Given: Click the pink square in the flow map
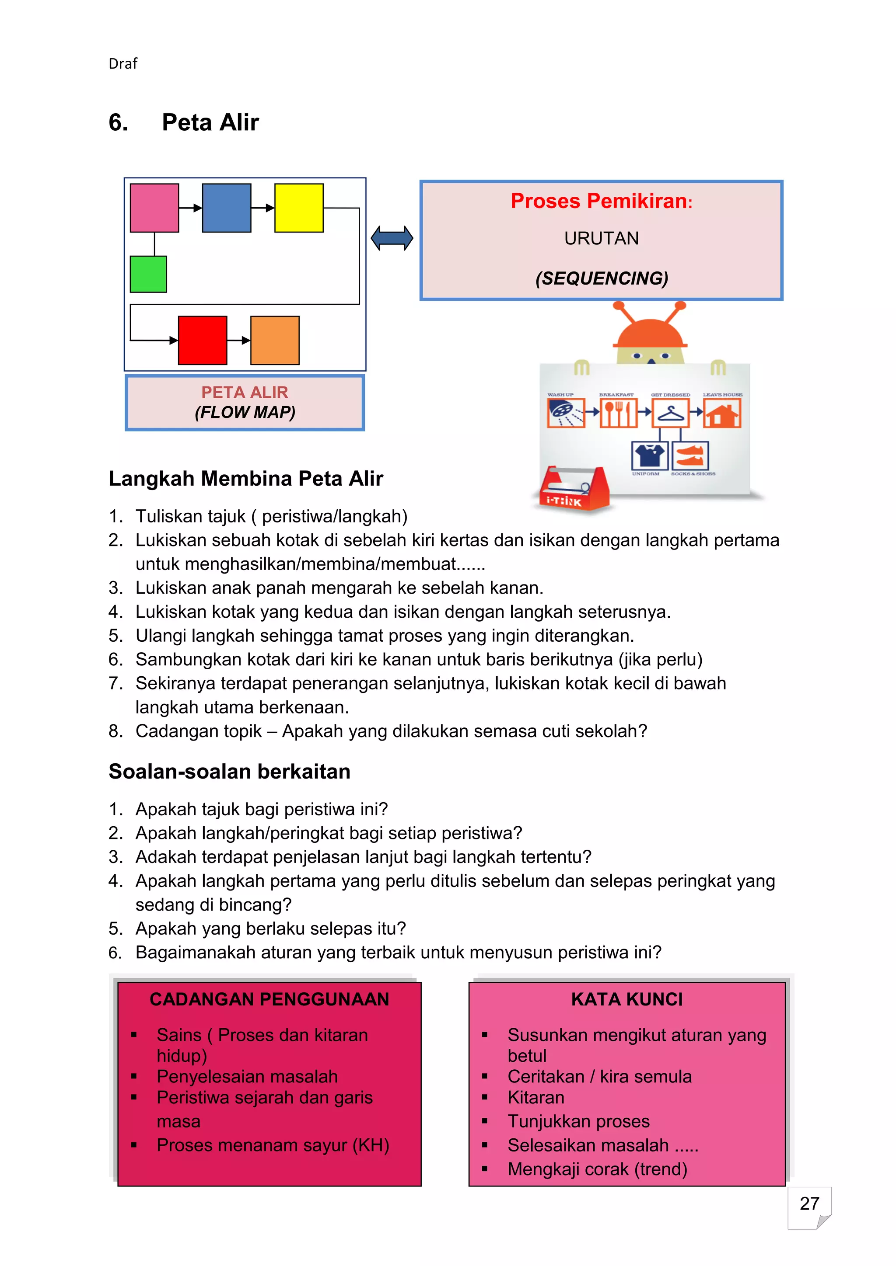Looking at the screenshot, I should click(154, 208).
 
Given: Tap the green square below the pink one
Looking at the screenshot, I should click(148, 274).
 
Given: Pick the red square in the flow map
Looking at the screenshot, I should click(203, 340).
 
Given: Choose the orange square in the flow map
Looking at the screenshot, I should click(275, 340).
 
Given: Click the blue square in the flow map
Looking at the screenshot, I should click(226, 208).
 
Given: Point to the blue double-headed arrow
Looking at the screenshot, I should click(392, 238).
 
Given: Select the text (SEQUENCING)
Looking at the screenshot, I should click(602, 278).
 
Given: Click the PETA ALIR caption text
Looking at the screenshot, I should click(245, 392).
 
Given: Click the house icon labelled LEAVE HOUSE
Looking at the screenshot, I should click(721, 414).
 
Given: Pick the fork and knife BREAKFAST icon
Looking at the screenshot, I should click(618, 414).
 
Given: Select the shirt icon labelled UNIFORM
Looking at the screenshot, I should click(649, 456).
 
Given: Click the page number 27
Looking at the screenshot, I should click(809, 1203).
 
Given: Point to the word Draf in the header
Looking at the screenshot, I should click(122, 64).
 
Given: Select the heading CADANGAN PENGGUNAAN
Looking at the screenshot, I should click(269, 999).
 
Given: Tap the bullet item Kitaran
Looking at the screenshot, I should click(536, 1097).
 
